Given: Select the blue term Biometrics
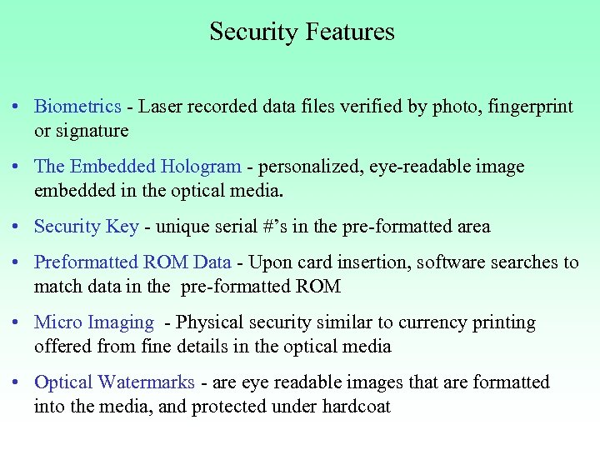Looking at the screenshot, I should point(77,107).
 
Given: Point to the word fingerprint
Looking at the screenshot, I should point(531,107).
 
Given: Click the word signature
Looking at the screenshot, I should point(94,131).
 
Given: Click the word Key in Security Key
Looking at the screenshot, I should point(123,227).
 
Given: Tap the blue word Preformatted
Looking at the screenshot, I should point(86,262).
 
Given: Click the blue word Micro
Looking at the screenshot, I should point(57,322).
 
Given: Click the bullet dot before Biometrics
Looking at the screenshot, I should point(17,107).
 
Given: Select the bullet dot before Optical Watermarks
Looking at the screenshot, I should point(17,383).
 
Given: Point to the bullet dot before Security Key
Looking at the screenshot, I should point(17,227).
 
